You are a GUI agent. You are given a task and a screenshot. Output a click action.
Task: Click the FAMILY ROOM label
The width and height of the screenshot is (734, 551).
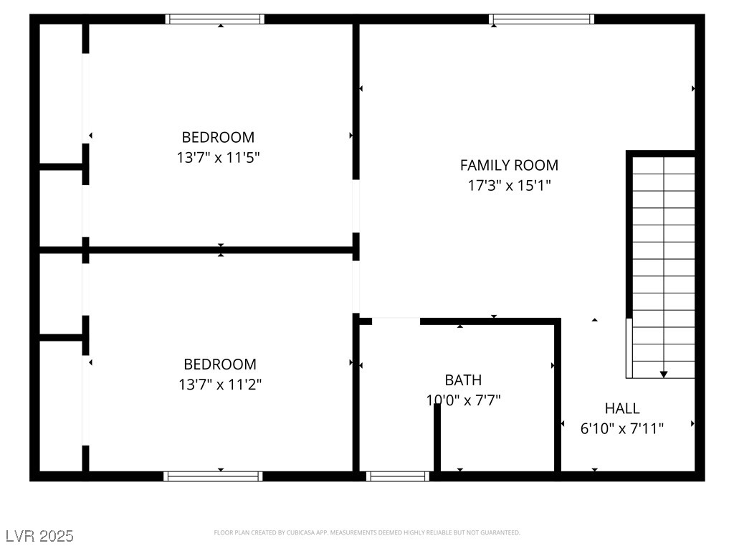(x=509, y=165)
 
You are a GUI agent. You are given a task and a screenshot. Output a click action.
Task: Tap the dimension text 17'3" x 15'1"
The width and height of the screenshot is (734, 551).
(x=509, y=186)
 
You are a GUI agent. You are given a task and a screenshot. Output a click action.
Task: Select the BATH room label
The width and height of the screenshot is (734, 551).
(x=463, y=380)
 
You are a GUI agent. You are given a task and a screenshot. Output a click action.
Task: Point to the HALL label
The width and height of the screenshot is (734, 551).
(x=622, y=408)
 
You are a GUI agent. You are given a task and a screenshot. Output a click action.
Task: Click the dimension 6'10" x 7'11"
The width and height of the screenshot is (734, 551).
(x=622, y=429)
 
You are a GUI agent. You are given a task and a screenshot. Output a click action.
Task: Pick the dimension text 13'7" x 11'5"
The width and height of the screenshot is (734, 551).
(x=218, y=157)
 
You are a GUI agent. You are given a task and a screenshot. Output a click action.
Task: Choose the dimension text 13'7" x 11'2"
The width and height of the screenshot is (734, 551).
(x=220, y=385)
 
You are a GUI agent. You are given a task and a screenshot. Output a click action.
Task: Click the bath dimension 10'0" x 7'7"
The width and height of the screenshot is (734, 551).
(x=463, y=400)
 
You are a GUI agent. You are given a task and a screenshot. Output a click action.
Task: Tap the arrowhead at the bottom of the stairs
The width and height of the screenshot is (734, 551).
(x=664, y=374)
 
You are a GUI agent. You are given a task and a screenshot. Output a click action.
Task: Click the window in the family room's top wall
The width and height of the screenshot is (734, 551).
(x=542, y=19)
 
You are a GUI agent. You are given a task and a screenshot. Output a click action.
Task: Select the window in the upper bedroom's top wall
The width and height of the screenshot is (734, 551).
(x=215, y=19)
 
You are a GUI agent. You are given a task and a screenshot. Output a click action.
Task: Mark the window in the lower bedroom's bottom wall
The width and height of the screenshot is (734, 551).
(x=213, y=476)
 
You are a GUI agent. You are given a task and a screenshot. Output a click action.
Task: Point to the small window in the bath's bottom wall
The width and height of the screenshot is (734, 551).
(x=398, y=476)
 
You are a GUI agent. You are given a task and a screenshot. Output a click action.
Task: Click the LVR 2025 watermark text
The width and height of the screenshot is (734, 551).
(x=39, y=536)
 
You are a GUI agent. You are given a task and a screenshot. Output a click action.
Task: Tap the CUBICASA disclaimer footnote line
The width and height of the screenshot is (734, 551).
(x=367, y=532)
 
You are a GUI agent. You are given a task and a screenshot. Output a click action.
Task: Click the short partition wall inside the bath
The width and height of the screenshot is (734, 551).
(x=437, y=437)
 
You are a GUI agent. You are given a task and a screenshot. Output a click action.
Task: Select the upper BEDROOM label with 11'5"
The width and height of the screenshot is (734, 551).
(x=218, y=137)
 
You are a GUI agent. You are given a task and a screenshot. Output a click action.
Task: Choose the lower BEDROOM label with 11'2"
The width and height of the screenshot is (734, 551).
(x=220, y=364)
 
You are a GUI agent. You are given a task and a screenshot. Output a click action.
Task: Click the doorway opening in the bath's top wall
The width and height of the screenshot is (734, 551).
(x=396, y=321)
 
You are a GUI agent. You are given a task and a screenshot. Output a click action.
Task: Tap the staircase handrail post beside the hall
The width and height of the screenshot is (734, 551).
(x=629, y=348)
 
